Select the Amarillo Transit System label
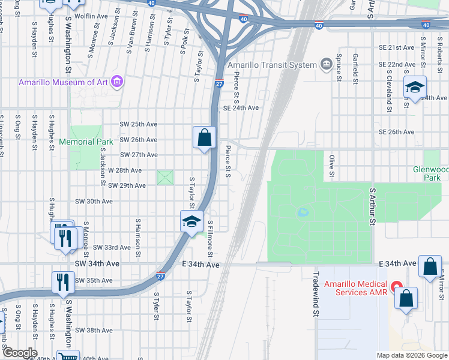pyautogui.click(x=272, y=65)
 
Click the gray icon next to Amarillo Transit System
pyautogui.click(x=326, y=64)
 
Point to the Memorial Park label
pyautogui.click(x=86, y=142)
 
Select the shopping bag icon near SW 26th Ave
pyautogui.click(x=205, y=137)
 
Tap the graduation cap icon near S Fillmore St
pyautogui.click(x=191, y=221)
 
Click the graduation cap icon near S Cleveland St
pyautogui.click(x=415, y=88)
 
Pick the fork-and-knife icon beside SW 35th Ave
pyautogui.click(x=63, y=281)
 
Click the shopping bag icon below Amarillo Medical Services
pyautogui.click(x=406, y=298)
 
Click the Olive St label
pyautogui.click(x=331, y=166)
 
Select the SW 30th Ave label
pyautogui.click(x=94, y=201)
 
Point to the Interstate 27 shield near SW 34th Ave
pyautogui.click(x=160, y=276)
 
